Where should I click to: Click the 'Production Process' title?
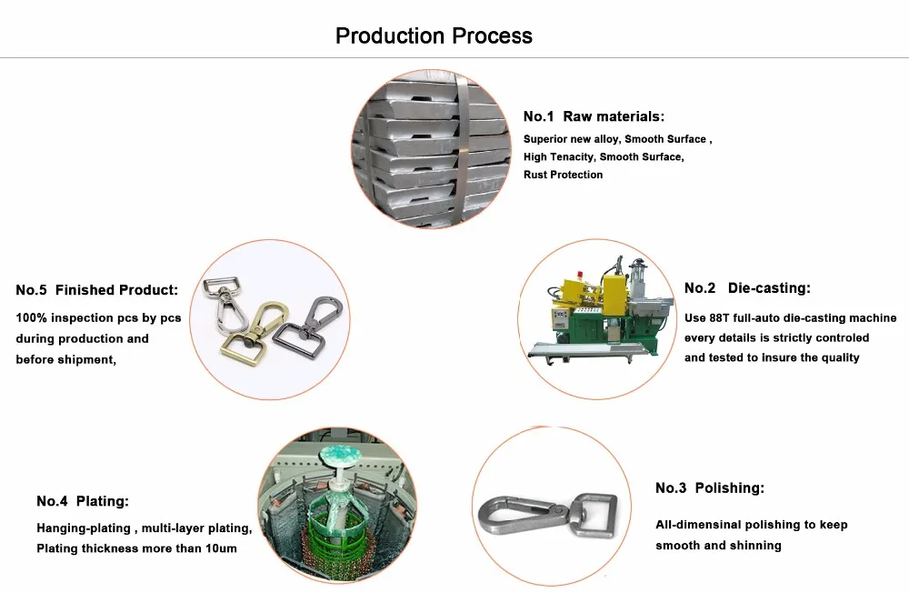(x=434, y=36)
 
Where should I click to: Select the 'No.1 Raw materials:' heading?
(x=594, y=116)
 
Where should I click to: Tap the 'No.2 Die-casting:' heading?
(x=746, y=288)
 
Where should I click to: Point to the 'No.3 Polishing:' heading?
(x=709, y=488)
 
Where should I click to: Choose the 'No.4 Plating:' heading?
(x=83, y=501)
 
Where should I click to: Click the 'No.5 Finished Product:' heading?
(x=97, y=290)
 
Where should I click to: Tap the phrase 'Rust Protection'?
(x=563, y=175)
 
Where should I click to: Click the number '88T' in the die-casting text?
(x=724, y=318)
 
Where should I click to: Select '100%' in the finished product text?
(x=33, y=318)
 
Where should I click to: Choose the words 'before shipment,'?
(x=66, y=359)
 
